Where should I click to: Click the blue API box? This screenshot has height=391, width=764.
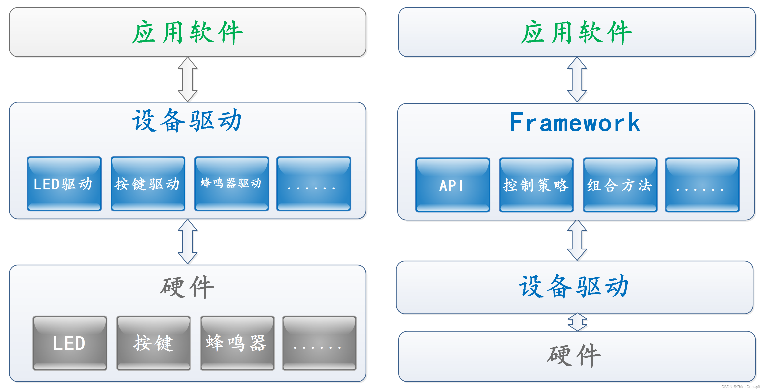click(452, 185)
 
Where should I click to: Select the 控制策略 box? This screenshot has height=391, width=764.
click(536, 185)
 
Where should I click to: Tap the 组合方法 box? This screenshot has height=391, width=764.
click(620, 185)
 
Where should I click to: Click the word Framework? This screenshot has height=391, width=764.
click(575, 122)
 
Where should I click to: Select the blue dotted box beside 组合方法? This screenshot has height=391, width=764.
click(702, 185)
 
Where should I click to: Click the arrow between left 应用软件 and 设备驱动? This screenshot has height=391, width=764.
click(187, 79)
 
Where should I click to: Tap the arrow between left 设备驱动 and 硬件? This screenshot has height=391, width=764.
click(187, 242)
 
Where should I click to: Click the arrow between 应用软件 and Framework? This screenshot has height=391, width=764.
click(577, 79)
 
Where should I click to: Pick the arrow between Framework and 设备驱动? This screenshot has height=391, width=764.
click(577, 241)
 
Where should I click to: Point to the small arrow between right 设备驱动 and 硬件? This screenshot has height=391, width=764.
click(577, 322)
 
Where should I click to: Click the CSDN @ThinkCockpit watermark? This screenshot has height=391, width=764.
click(740, 387)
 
